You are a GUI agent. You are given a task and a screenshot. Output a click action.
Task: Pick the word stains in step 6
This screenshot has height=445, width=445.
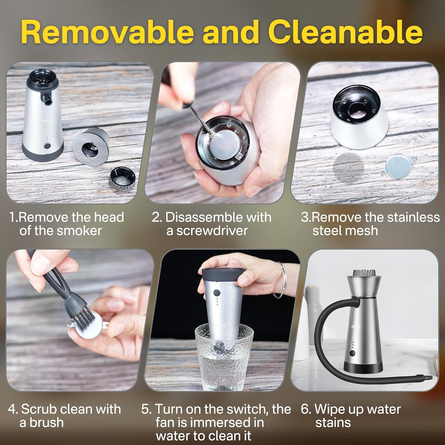tap(333, 422)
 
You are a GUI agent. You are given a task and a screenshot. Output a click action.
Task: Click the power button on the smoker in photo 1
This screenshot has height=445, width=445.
tap(47, 146)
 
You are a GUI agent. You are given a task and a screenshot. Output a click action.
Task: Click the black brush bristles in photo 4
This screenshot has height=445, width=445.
tap(84, 315)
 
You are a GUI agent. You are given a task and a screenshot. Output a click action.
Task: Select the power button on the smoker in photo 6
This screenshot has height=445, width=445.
tap(352, 353)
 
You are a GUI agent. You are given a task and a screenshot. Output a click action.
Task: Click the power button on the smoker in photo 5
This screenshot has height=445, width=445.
tap(217, 293)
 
